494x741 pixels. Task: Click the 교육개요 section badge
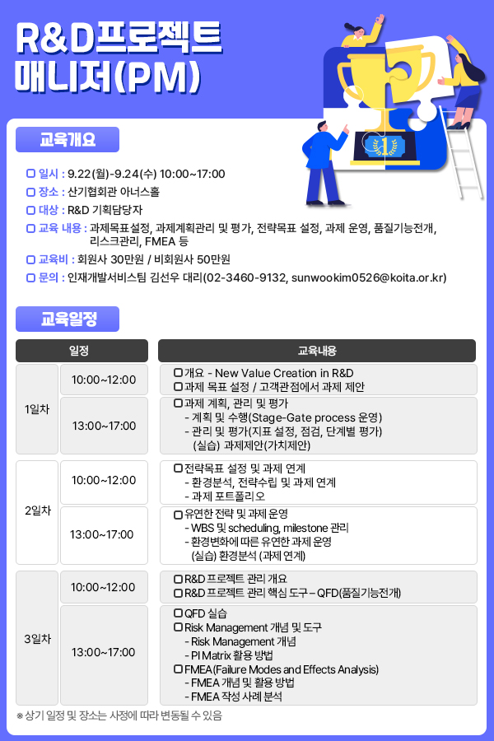coord(68,140)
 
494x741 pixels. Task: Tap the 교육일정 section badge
coord(68,319)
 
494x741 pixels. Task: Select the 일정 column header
coord(82,351)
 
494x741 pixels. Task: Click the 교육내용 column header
coord(317,351)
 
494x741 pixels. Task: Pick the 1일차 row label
coord(37,409)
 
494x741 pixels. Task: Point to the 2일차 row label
coord(37,512)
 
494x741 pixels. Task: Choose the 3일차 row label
coord(37,638)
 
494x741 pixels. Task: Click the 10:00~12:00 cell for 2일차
coord(104,482)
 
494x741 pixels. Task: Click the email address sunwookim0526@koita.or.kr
coord(367,277)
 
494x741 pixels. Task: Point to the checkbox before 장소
coord(30,192)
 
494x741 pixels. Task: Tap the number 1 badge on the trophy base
coord(384,146)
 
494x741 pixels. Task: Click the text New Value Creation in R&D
coord(284,373)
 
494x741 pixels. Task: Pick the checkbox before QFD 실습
coord(178,613)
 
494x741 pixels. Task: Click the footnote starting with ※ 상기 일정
coord(119,715)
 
